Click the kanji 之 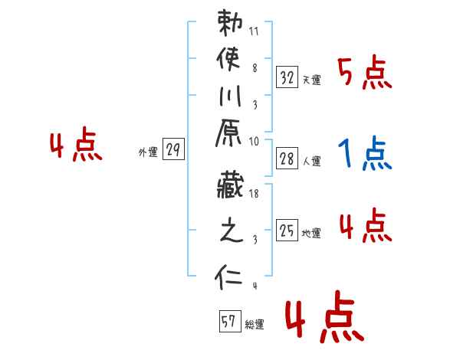[229, 233]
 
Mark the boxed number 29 [174, 150]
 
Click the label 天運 [312, 80]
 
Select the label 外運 [148, 152]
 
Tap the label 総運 [255, 324]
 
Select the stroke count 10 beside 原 [255, 142]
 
